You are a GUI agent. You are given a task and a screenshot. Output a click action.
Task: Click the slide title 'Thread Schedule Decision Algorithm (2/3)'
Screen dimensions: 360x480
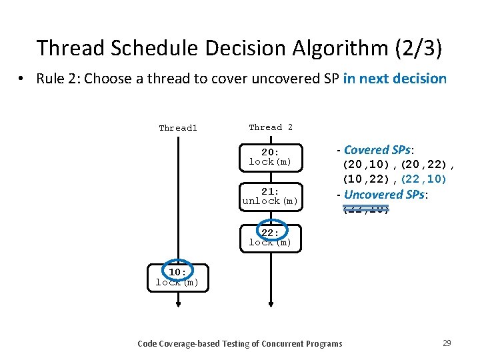239,48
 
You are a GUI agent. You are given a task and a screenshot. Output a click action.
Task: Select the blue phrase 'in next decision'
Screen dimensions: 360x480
395,79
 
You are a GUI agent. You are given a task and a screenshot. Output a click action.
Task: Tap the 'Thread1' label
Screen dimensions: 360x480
178,128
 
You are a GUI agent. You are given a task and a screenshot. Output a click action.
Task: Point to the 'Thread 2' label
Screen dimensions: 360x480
271,127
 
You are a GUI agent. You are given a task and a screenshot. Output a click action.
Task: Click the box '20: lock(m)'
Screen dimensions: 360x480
271,157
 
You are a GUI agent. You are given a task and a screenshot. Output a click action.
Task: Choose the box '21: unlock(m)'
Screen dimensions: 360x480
271,196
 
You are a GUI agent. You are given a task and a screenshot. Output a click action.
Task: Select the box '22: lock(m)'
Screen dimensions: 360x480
271,237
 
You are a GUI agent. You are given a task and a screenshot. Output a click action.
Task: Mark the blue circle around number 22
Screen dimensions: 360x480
271,231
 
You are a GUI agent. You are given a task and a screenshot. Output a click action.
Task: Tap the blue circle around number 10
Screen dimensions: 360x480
177,271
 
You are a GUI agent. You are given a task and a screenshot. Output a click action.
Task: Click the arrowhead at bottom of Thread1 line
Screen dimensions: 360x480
178,303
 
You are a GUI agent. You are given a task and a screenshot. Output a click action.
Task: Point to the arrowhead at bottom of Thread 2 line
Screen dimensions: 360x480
271,303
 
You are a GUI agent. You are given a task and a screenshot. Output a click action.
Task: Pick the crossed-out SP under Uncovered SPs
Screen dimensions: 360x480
365,210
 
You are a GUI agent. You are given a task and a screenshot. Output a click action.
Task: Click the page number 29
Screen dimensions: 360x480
447,343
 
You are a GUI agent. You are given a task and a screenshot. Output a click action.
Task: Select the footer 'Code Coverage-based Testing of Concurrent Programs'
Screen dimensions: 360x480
239,343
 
